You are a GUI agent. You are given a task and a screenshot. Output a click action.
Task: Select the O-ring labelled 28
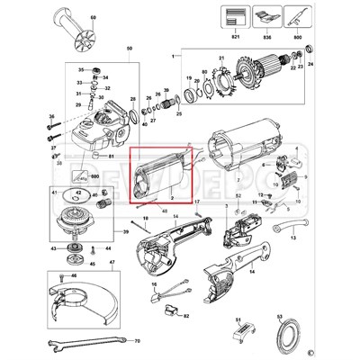tap(133, 115)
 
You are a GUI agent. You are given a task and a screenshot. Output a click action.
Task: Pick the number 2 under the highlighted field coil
tap(171, 194)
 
